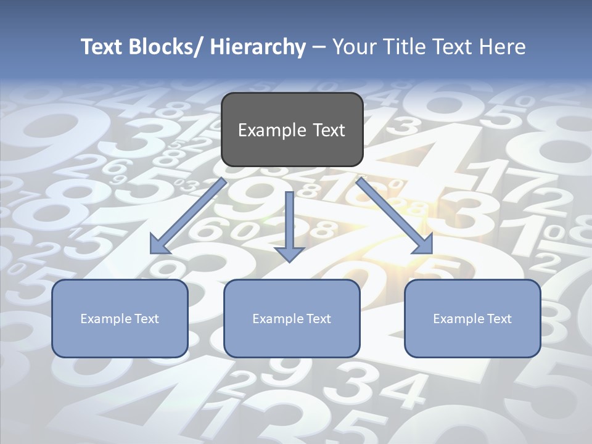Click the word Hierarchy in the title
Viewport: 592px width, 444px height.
258,47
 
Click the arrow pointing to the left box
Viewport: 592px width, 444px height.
188,216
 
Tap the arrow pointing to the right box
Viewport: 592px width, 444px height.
395,216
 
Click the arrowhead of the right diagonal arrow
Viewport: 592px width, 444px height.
425,247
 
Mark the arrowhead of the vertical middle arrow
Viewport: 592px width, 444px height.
289,254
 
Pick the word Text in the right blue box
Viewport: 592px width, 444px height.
498,319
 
